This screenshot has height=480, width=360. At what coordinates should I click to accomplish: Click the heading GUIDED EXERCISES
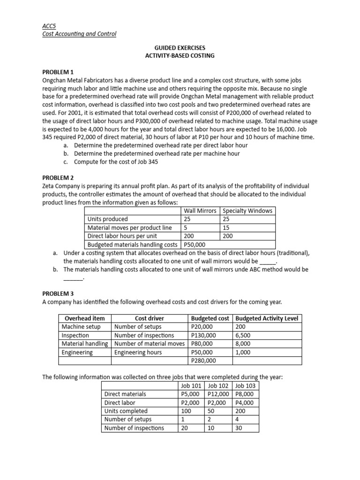coord(180,48)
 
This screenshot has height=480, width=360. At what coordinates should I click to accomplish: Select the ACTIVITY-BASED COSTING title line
coord(180,56)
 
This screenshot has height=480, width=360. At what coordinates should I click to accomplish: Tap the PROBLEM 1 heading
coord(58,72)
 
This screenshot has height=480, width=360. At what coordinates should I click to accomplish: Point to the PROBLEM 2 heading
coord(58,178)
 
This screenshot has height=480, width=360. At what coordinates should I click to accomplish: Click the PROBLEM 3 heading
coord(58,293)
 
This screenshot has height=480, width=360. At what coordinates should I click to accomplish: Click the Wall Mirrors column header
coord(200,211)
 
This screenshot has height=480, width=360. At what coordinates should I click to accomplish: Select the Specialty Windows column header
coord(247,211)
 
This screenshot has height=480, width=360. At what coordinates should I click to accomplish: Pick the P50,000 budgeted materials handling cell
coord(195,244)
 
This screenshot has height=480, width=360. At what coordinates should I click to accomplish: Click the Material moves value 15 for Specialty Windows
coord(227,228)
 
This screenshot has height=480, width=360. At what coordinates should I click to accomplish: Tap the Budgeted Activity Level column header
coord(266,318)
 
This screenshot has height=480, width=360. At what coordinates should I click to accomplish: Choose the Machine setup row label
coord(78,327)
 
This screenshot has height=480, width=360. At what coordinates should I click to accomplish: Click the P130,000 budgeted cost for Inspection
coord(204,335)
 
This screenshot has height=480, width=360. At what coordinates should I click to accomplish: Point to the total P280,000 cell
coord(204,360)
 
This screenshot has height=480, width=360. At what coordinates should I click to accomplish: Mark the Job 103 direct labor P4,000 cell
coord(244,403)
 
